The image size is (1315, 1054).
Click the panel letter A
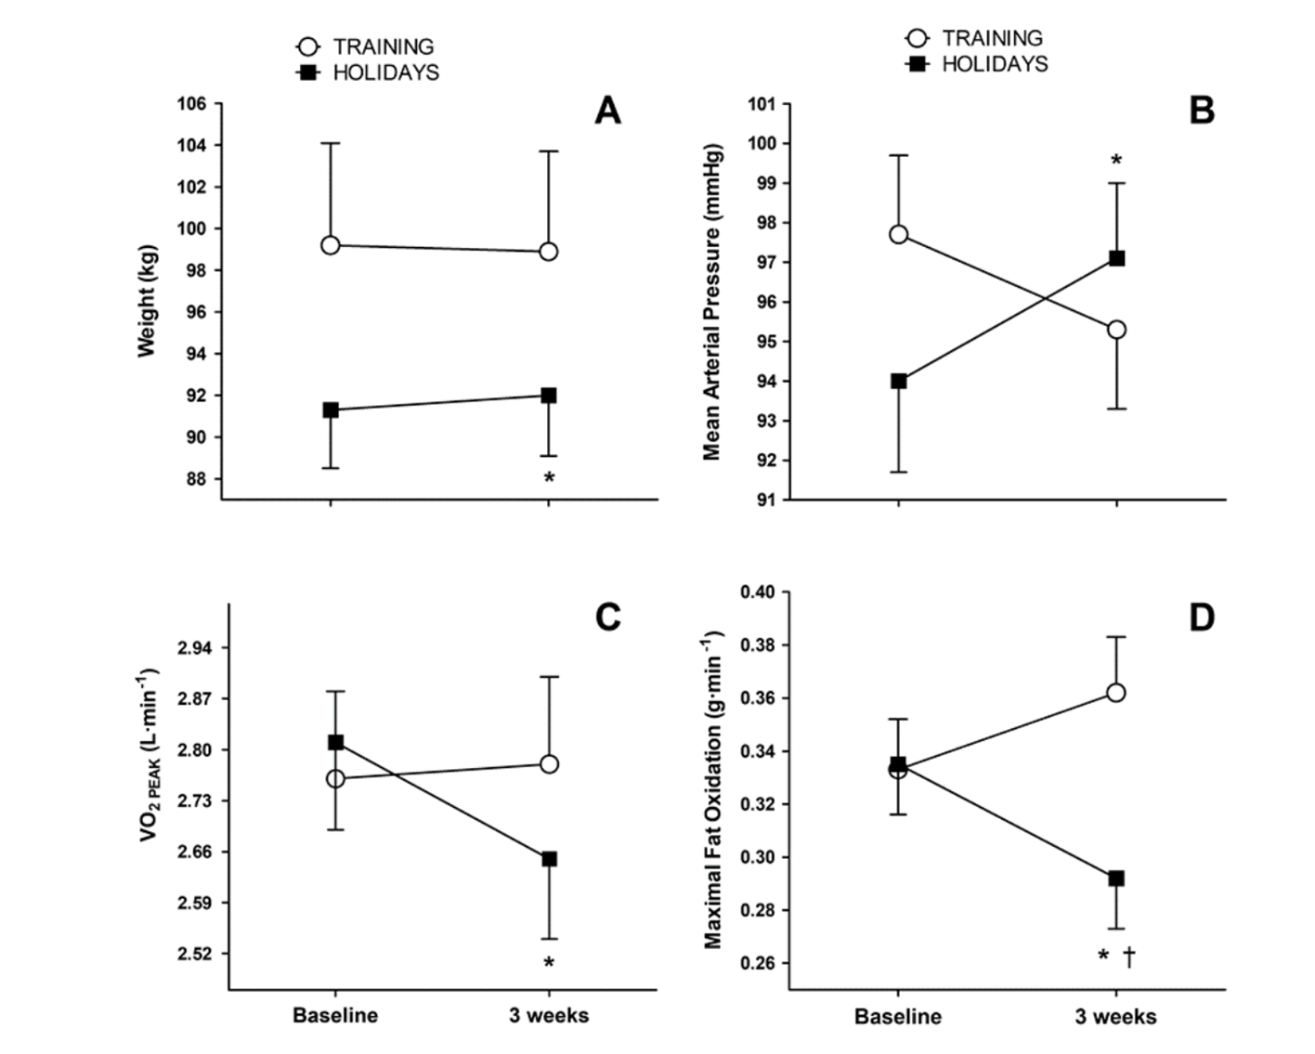pos(607,111)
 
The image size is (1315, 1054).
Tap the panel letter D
pos(1201,618)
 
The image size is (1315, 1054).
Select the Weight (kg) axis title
pos(147,301)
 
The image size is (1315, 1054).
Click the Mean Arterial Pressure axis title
pos(712,302)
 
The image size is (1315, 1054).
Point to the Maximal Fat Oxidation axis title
pos(713,788)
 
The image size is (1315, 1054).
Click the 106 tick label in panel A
pos(192,104)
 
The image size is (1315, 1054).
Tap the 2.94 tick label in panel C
pos(196,648)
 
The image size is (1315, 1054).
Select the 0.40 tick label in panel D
pos(759,592)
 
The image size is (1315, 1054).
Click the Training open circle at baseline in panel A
pos(330,245)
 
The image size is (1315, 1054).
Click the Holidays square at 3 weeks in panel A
pos(549,396)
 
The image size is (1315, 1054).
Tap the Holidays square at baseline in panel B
pos(898,381)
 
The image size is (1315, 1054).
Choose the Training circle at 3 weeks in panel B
pos(1116,330)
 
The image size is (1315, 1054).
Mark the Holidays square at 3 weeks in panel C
pos(549,859)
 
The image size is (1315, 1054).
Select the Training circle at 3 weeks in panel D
pos(1116,693)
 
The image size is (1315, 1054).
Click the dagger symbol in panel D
pos(1129,956)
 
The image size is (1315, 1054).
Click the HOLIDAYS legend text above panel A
pos(385,72)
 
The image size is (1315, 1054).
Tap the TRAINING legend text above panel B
pos(992,38)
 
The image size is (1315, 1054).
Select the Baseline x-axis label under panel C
pos(335,1015)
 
